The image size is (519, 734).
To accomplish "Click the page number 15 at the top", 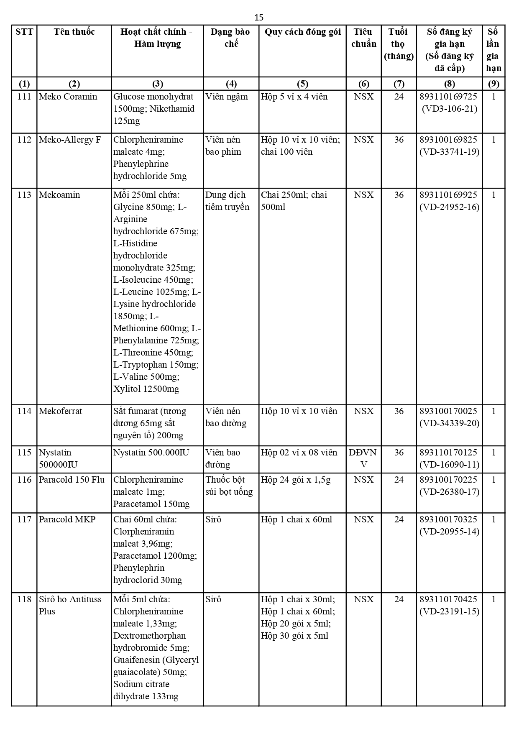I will tap(259, 17).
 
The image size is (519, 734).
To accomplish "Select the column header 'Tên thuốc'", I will tap(74, 32).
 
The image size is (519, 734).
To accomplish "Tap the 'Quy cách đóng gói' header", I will tap(302, 32).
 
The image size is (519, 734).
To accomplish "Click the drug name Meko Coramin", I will tap(68, 97).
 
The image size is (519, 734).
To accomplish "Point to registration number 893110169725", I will tap(448, 97).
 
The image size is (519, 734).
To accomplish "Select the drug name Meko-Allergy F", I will tap(69, 140).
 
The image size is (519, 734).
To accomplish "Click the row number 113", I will tap(24, 195).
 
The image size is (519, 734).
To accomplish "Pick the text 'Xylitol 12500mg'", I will tap(146, 389).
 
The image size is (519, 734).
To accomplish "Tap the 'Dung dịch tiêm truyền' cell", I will tap(227, 201).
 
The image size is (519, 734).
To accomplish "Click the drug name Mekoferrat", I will tap(61, 411).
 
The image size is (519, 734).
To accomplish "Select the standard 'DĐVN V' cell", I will tap(363, 458).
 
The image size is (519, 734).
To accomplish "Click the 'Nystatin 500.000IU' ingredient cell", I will tap(151, 453).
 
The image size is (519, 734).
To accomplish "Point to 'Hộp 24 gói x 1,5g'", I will tap(295, 480).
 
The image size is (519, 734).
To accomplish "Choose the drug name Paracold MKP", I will tap(67, 519).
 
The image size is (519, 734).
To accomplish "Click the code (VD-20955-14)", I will tap(449, 532).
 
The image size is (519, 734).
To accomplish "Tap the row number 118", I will tap(24, 599).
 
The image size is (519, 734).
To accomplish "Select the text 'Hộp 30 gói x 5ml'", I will tap(294, 636).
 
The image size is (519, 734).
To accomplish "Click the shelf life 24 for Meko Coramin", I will tap(399, 97).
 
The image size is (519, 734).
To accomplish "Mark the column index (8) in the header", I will tap(449, 84).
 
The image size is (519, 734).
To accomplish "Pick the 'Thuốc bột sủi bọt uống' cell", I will tap(229, 486).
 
